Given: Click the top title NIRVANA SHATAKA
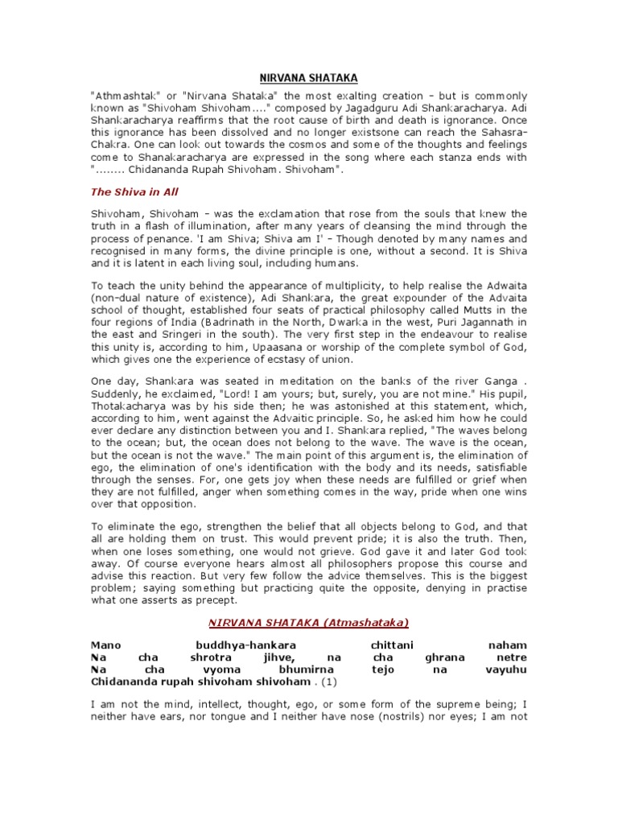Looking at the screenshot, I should pos(308,77).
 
